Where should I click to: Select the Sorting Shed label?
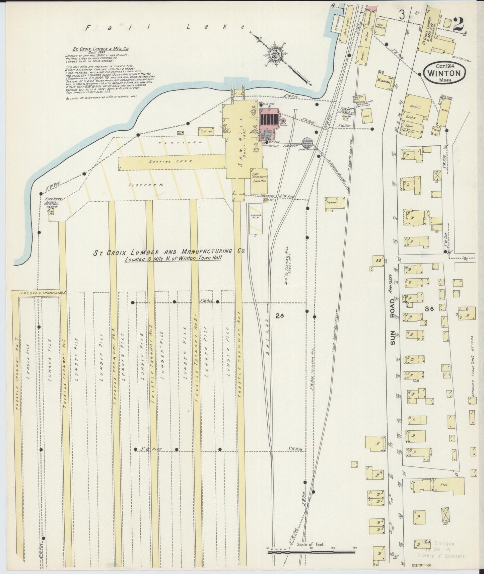(171, 161)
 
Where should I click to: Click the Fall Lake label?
(167, 28)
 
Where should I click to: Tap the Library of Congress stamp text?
(441, 556)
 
